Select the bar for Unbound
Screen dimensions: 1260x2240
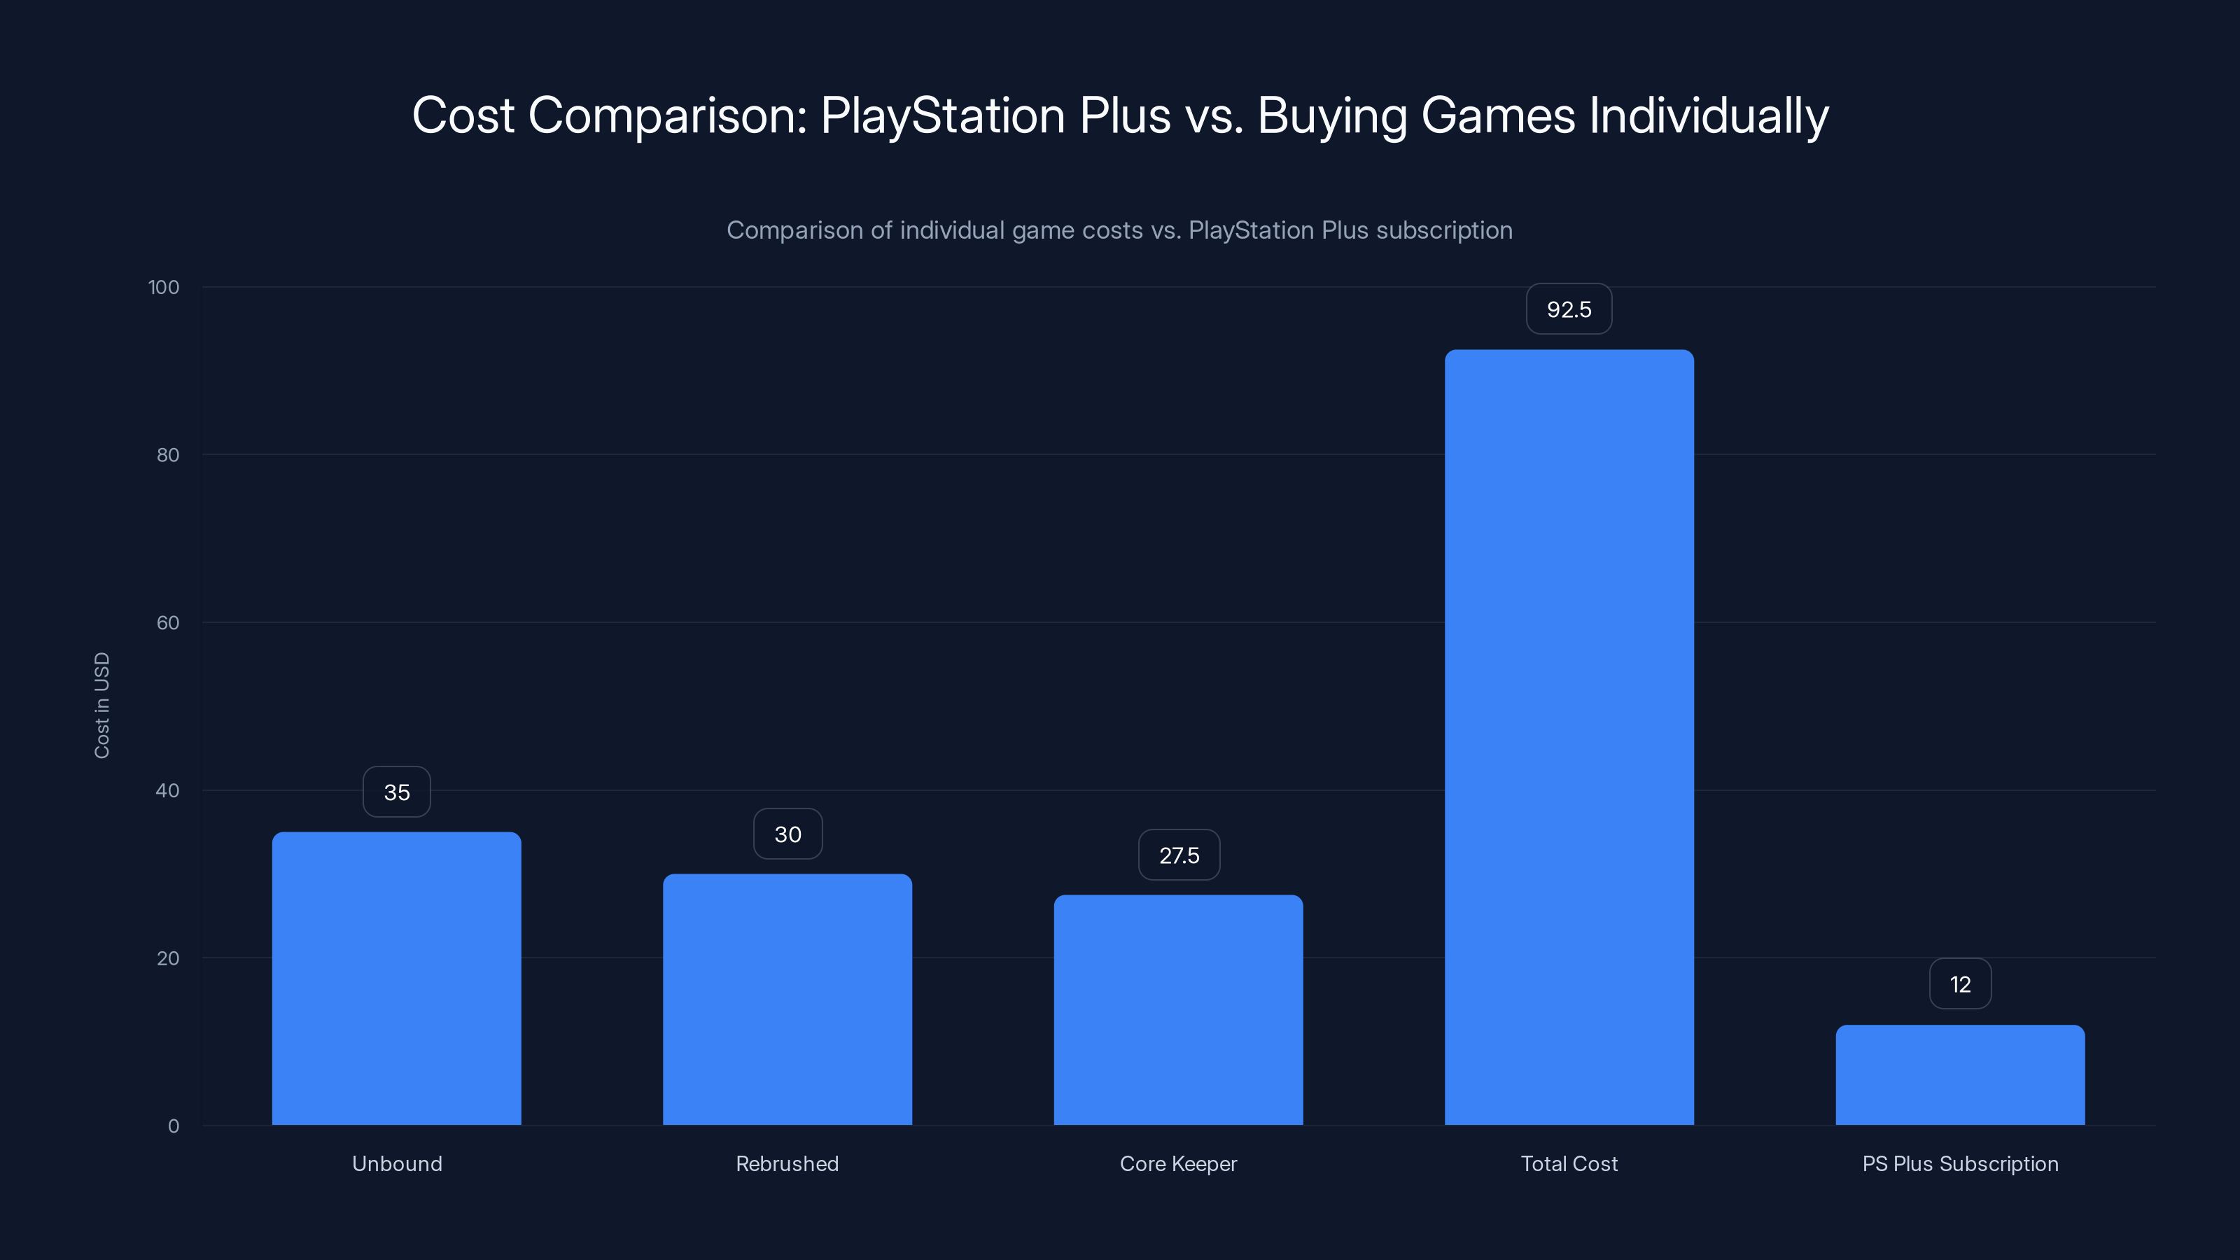[x=396, y=979]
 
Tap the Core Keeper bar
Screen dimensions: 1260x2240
[x=1178, y=1009]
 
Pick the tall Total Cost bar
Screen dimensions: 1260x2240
[x=1569, y=737]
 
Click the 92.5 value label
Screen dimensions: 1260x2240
[x=1569, y=309]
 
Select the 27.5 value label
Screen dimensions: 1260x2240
[x=1178, y=855]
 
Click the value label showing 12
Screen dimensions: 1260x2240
[x=1960, y=984]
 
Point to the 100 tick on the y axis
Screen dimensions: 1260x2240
[x=164, y=288]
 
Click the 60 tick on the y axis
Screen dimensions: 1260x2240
[x=168, y=622]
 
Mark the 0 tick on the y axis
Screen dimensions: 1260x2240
[x=173, y=1126]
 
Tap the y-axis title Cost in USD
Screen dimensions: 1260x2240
[x=101, y=705]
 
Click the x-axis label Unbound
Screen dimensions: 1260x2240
[x=396, y=1163]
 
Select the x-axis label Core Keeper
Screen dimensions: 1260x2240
[x=1178, y=1163]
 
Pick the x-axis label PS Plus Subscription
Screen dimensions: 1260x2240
[x=1960, y=1163]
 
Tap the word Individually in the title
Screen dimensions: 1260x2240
[x=1709, y=115]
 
